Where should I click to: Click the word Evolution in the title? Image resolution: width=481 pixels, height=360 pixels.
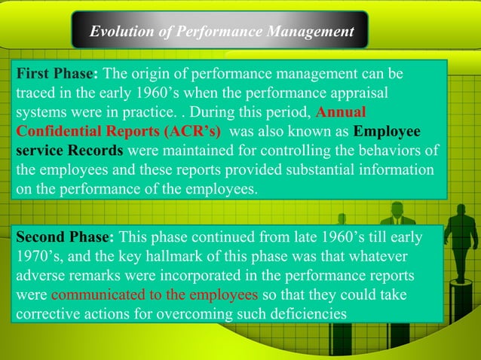pyautogui.click(x=118, y=32)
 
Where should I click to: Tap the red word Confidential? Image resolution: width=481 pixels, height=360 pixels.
pyautogui.click(x=58, y=131)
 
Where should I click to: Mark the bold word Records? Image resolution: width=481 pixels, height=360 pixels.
pyautogui.click(x=96, y=150)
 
